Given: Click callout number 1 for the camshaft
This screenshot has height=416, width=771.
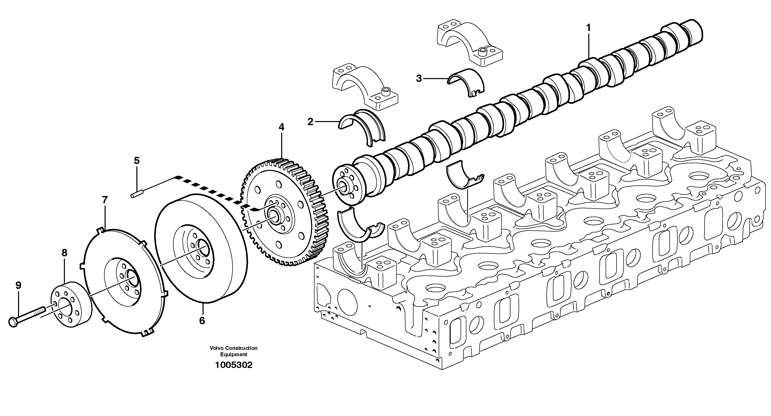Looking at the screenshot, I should click(x=588, y=28).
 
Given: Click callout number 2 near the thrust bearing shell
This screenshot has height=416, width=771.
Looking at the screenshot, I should click(x=310, y=122).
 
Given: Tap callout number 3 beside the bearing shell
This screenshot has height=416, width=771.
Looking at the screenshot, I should click(x=419, y=79).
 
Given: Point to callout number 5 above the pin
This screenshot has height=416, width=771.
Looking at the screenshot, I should click(x=136, y=161).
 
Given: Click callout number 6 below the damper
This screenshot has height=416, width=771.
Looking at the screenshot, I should click(x=202, y=321).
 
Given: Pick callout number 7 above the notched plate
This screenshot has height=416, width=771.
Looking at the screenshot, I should click(x=105, y=200).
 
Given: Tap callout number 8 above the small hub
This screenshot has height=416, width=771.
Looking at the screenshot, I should click(x=64, y=253).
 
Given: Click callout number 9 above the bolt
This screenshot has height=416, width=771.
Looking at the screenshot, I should click(x=19, y=285).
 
